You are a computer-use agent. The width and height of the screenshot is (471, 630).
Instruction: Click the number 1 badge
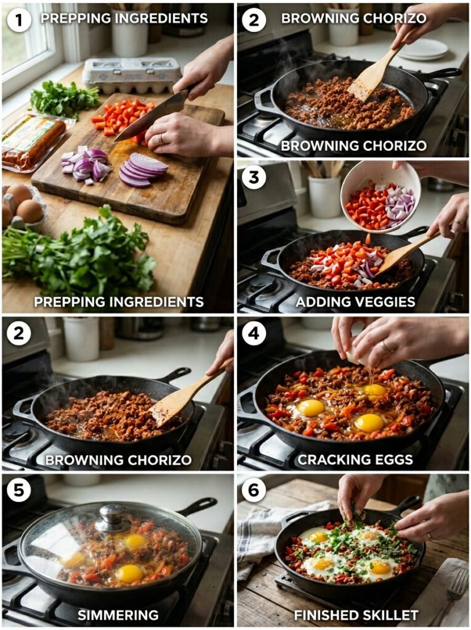click(19, 20)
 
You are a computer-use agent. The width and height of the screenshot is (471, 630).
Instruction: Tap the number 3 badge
click(254, 177)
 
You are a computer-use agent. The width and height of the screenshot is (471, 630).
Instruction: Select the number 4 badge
click(254, 333)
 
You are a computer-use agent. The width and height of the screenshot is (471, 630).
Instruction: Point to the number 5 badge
click(19, 490)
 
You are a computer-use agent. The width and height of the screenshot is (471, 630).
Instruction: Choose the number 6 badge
click(254, 490)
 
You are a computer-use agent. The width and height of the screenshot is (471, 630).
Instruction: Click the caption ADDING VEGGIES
click(355, 302)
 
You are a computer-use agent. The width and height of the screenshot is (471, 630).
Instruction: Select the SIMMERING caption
click(118, 615)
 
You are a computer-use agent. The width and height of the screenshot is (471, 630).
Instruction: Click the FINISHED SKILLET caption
click(356, 615)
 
